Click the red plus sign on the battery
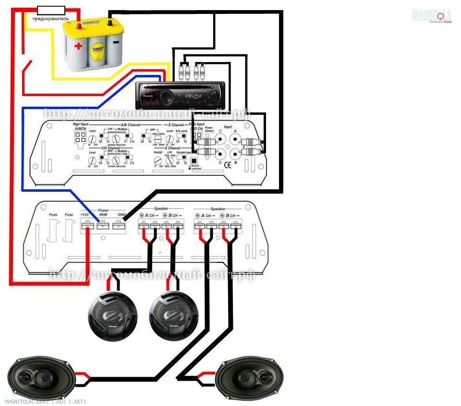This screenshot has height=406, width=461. pyautogui.click(x=78, y=47)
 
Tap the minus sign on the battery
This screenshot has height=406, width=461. pyautogui.click(x=116, y=42)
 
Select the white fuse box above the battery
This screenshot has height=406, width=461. pyautogui.click(x=51, y=10)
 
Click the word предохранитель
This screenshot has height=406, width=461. pyautogui.click(x=50, y=19)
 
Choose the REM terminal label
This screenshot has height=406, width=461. pyautogui.click(x=103, y=215)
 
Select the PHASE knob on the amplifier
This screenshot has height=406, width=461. pyautogui.click(x=157, y=161)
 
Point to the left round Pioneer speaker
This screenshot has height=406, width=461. pyautogui.click(x=112, y=315)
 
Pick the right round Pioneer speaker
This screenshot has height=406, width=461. pyautogui.click(x=174, y=315)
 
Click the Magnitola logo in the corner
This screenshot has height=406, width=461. pyautogui.click(x=432, y=15)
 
